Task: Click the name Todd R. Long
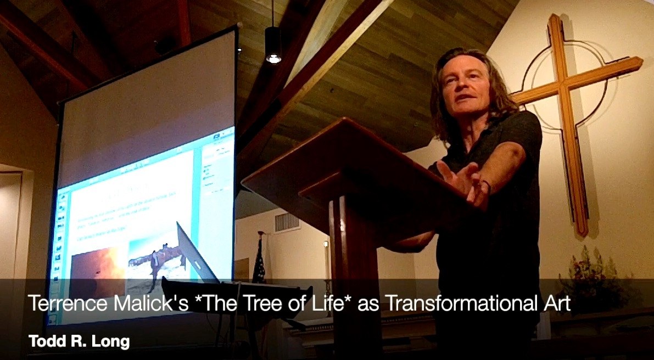point(79,341)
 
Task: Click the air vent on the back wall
point(286,222)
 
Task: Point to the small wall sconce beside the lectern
point(326,244)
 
